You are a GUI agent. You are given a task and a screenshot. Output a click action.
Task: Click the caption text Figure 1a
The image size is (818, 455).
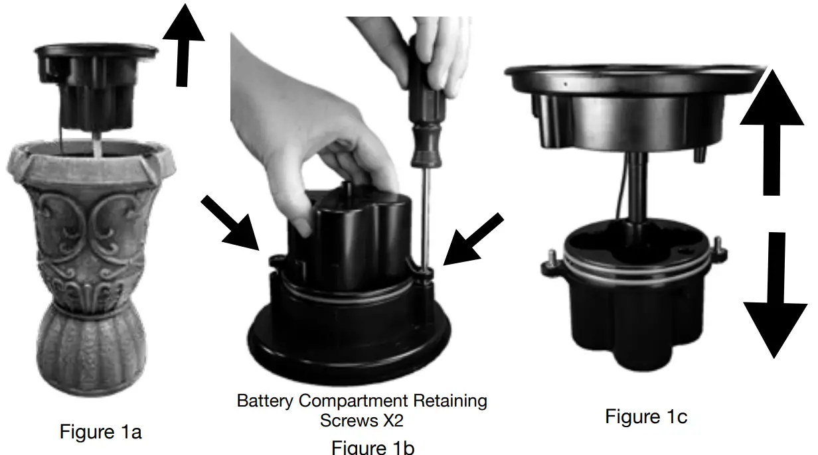[101, 432]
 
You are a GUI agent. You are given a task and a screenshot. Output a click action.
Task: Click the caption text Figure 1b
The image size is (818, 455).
[372, 447]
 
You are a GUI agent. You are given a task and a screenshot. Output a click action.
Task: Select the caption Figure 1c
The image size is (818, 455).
[646, 417]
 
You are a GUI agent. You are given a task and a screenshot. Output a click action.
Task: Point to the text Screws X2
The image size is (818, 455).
[362, 421]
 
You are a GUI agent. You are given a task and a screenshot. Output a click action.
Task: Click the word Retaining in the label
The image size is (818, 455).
[450, 401]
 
